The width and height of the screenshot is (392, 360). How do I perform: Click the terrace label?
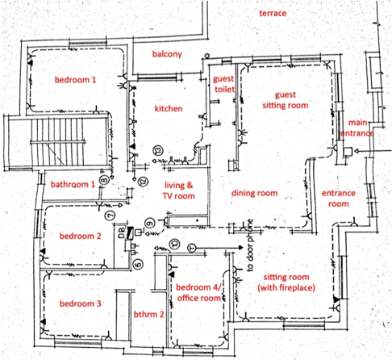(273, 13)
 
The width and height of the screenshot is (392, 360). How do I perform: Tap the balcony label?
(167, 54)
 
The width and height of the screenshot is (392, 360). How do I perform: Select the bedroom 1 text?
(75, 80)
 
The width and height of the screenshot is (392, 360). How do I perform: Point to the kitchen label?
(169, 109)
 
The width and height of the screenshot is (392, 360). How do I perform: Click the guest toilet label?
(223, 84)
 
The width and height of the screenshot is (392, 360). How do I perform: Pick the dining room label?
(254, 193)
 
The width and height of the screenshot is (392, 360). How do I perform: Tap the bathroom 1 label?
(73, 184)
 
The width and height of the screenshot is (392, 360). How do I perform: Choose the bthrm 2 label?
(148, 314)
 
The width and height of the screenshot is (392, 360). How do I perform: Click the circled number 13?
(158, 150)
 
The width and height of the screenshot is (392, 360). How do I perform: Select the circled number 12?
(144, 182)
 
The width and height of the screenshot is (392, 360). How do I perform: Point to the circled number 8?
(104, 180)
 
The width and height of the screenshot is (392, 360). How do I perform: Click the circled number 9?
(150, 224)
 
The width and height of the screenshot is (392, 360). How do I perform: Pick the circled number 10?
(175, 245)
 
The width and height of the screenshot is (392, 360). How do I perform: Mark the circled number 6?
(138, 264)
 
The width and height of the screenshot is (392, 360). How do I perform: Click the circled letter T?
(192, 248)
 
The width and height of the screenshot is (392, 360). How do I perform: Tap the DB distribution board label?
(122, 232)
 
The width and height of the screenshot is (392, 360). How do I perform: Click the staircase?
(57, 142)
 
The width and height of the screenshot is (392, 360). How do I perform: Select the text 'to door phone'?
(250, 245)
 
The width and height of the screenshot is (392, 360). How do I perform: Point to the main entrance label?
(357, 128)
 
